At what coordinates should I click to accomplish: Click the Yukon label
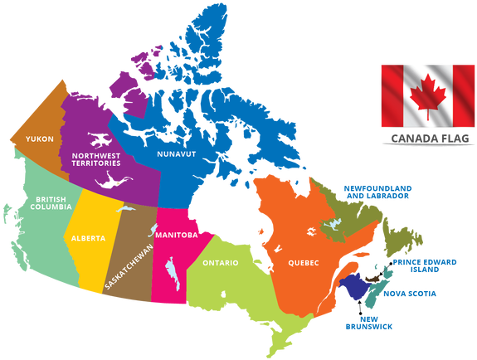[x=40, y=139]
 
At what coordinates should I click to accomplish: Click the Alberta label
[x=89, y=238]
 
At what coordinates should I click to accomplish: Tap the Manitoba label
[x=176, y=235]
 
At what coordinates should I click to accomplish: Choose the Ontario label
[x=220, y=263]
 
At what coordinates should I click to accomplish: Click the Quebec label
[x=303, y=263]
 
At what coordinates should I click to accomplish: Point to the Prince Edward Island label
[x=425, y=265]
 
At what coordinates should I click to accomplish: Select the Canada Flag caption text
[x=424, y=139]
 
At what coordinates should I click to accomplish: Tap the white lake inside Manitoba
[x=173, y=271]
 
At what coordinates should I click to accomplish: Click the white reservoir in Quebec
[x=331, y=225]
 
